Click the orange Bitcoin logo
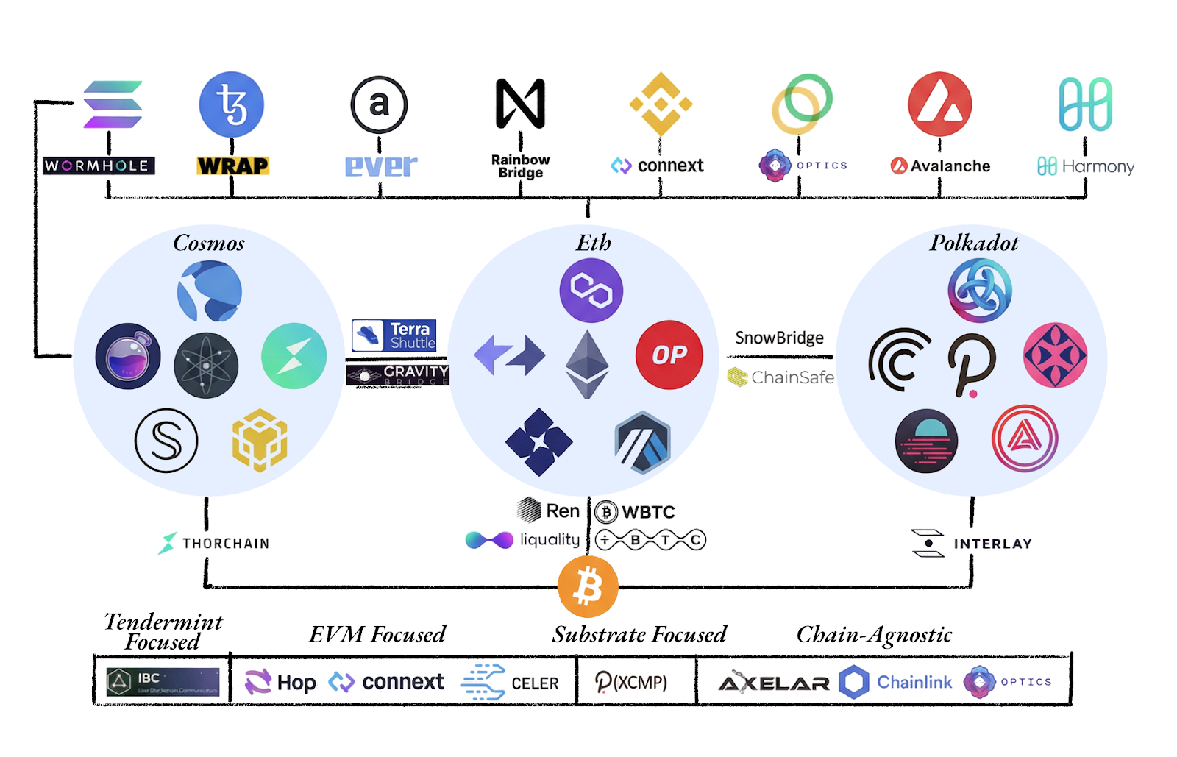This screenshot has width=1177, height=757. [588, 586]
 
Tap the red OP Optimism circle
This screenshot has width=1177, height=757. [669, 355]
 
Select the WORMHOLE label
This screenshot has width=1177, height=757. [99, 166]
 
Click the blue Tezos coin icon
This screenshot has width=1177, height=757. [232, 104]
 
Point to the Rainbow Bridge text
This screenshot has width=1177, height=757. [520, 166]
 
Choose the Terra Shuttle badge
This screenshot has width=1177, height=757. [394, 335]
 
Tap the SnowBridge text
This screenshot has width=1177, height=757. [779, 338]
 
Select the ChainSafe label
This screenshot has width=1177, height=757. [780, 377]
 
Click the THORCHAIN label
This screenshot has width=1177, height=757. [214, 543]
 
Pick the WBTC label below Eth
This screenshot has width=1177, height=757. [635, 512]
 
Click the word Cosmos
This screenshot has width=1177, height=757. [209, 243]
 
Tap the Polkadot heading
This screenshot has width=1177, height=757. [974, 243]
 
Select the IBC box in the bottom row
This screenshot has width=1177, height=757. [163, 682]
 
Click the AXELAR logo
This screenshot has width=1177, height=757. [774, 683]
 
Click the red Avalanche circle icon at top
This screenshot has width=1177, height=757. [939, 104]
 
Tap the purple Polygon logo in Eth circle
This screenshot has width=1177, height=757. [591, 291]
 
